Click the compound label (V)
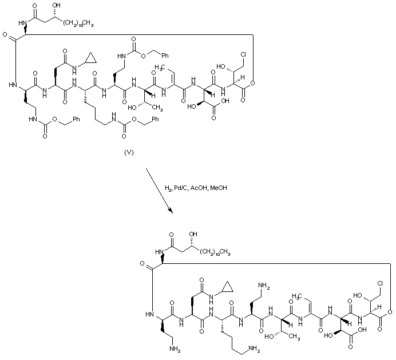pyautogui.click(x=129, y=153)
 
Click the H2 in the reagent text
pyautogui.click(x=168, y=188)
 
